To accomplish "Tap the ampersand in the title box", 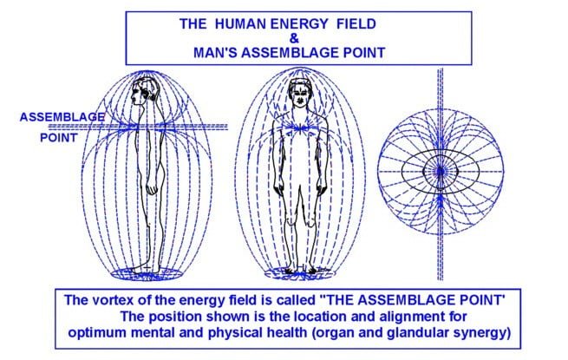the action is (x=295, y=38).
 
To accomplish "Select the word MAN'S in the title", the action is (x=215, y=53).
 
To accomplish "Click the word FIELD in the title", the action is (x=356, y=24).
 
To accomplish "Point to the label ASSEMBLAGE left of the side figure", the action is (x=62, y=117).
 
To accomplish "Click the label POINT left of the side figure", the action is (x=59, y=138).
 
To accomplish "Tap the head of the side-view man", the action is (x=143, y=92).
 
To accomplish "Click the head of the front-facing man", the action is (x=299, y=94).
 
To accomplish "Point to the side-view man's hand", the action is (x=153, y=188).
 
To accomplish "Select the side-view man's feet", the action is (x=146, y=269).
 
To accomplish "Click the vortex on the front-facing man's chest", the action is (x=300, y=128).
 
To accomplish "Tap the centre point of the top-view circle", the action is (x=441, y=170).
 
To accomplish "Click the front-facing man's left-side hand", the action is (x=279, y=189).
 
